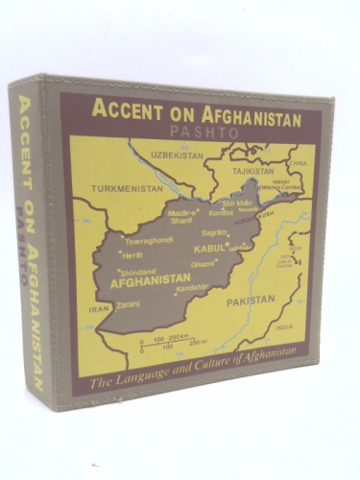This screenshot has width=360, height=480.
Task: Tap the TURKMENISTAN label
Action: [126, 189]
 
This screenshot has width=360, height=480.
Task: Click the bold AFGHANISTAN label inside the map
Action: [148, 284]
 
